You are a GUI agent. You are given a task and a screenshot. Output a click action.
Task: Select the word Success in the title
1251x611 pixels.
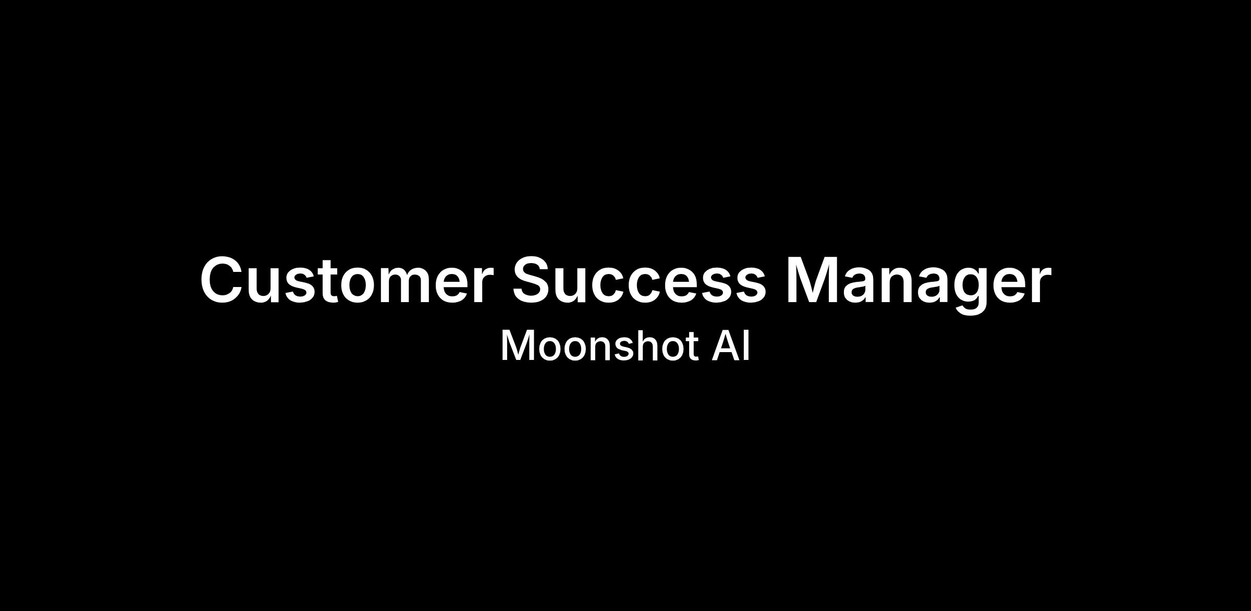click(x=639, y=280)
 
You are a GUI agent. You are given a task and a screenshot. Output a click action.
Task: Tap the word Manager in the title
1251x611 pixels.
click(x=918, y=285)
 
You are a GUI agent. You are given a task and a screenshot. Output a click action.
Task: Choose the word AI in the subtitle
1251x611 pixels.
click(x=731, y=345)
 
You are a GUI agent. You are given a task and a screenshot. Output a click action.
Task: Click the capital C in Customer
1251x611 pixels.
click(x=223, y=280)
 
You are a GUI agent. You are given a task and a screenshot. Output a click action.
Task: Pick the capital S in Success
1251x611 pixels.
click(x=533, y=280)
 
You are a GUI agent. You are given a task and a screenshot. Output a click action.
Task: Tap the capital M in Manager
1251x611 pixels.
click(x=812, y=280)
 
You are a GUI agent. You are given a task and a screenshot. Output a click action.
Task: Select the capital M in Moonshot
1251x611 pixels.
click(x=516, y=345)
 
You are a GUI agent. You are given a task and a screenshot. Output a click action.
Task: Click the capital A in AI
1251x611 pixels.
click(x=726, y=345)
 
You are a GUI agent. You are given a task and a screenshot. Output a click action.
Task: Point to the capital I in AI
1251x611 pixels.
click(x=747, y=345)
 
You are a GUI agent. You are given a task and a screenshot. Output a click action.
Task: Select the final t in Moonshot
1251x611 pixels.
click(x=691, y=347)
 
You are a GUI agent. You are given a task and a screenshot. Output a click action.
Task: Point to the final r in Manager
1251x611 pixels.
click(x=1039, y=285)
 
